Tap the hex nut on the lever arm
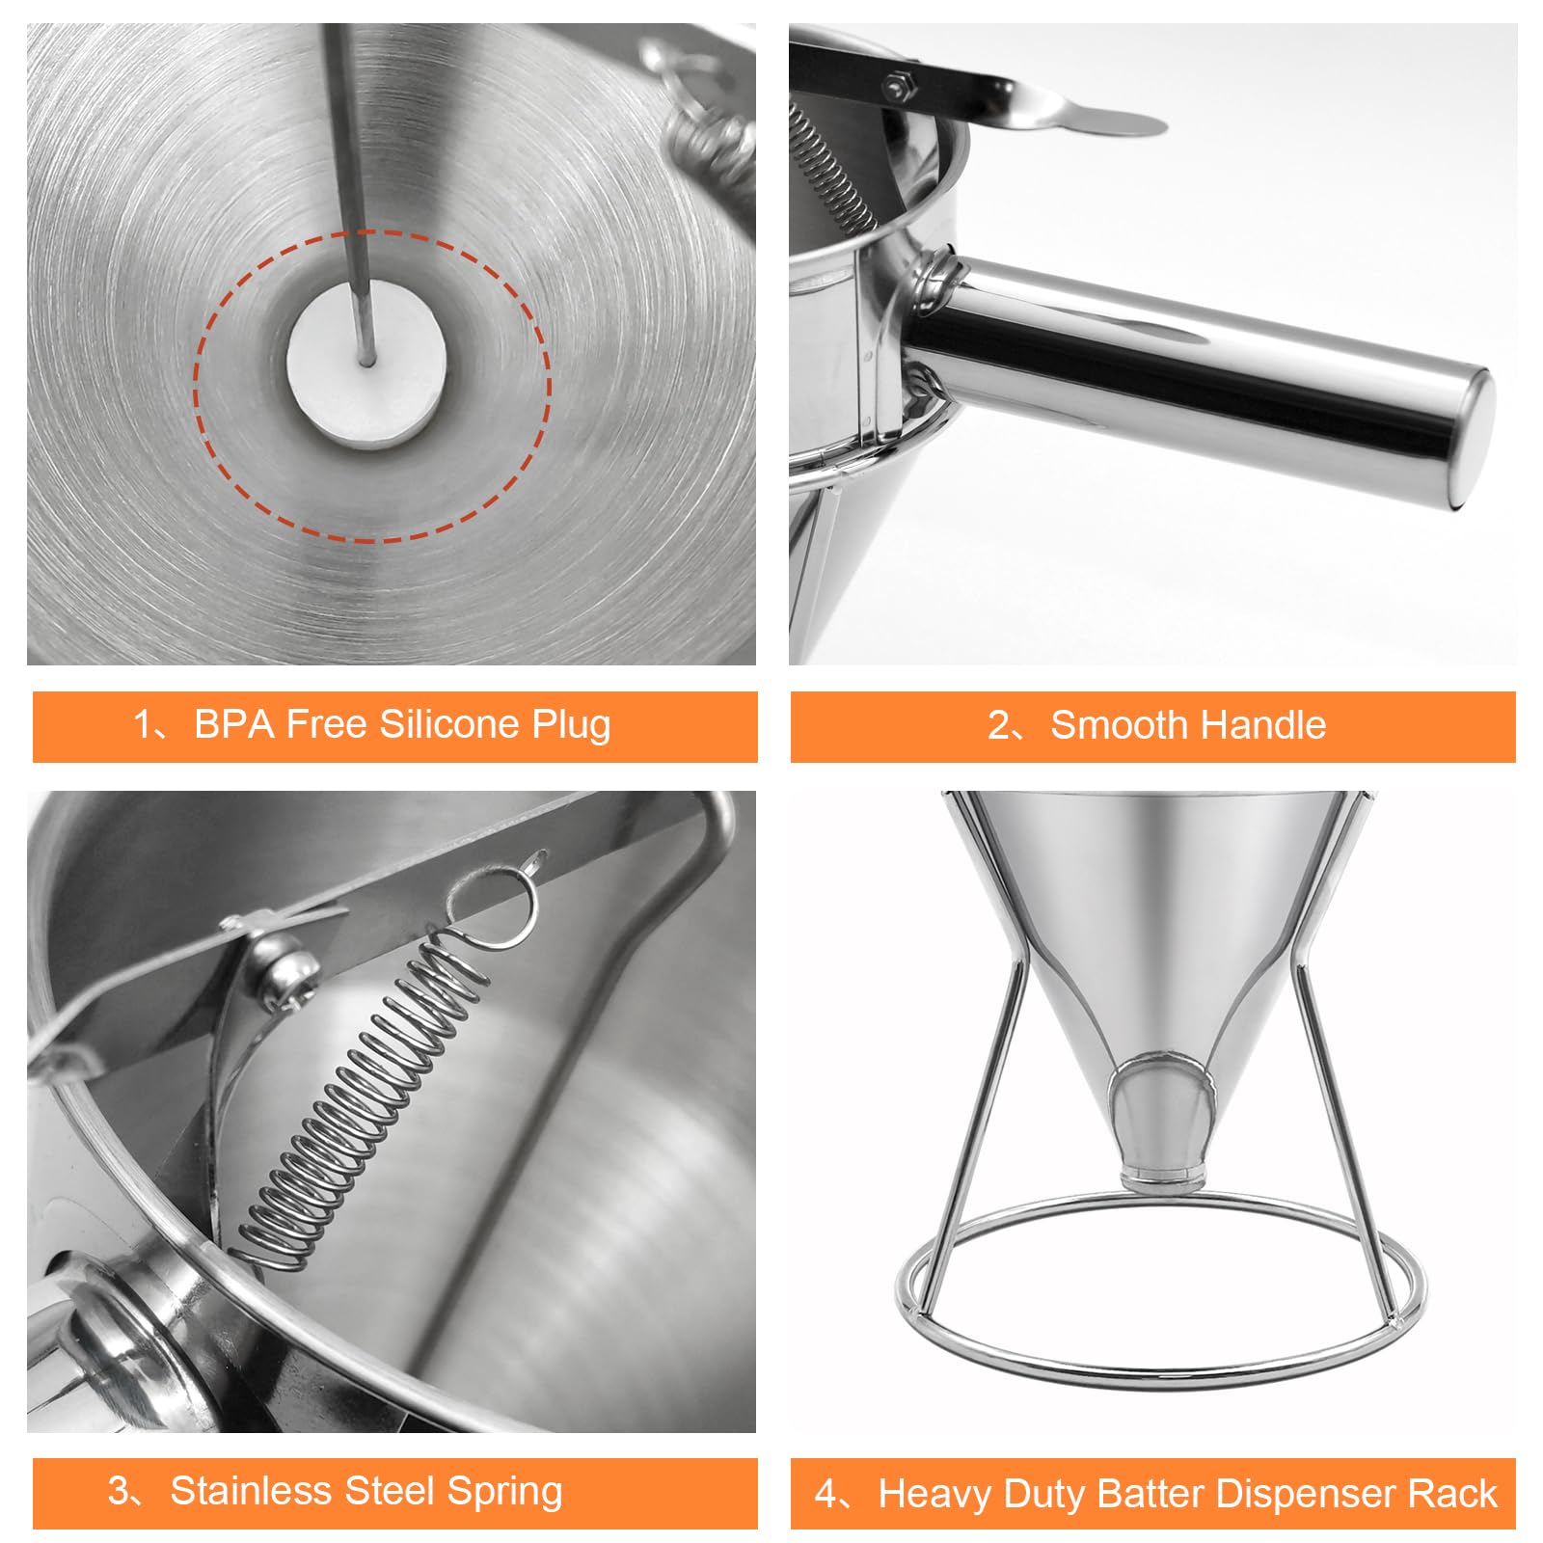tap(900, 88)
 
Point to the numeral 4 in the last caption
tap(826, 1494)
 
